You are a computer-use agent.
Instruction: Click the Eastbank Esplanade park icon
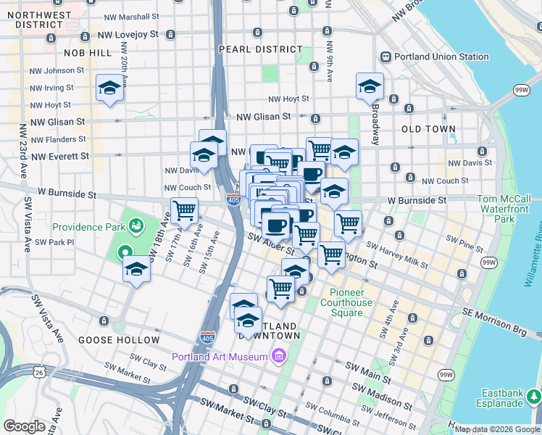(534, 397)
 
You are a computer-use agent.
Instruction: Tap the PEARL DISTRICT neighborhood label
(261, 49)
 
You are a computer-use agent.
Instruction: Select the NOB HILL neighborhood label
(88, 53)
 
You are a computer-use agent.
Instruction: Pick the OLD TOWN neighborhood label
(428, 129)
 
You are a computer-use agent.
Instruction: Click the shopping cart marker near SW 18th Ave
(184, 211)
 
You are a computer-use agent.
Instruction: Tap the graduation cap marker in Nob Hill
(109, 88)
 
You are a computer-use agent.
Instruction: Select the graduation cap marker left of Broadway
(370, 86)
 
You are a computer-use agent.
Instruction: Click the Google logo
(23, 426)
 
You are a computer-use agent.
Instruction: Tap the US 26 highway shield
(38, 372)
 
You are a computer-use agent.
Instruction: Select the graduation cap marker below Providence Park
(135, 271)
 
